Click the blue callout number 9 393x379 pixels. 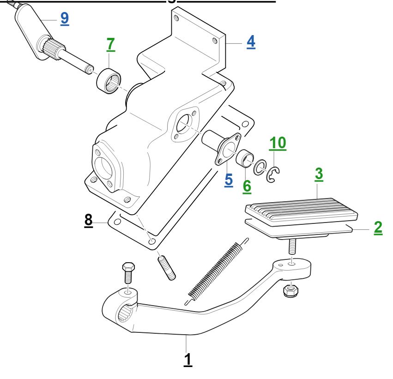coord(65,18)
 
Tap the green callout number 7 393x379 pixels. coord(110,44)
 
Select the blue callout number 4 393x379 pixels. coord(251,42)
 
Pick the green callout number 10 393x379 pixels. coord(278,143)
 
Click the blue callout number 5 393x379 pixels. coord(229,180)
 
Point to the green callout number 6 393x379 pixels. coord(247,186)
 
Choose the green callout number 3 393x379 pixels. coord(319,174)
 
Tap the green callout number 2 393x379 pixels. coord(378,228)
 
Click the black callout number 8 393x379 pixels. coord(89,221)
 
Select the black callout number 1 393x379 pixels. coord(188,360)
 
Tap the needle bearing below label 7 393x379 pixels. coord(109,81)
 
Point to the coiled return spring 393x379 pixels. coord(217,271)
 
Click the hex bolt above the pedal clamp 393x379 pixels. coord(128,272)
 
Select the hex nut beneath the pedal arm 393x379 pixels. coord(290,290)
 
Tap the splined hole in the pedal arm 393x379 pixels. coord(125,313)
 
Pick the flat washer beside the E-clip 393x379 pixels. coord(260,167)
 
